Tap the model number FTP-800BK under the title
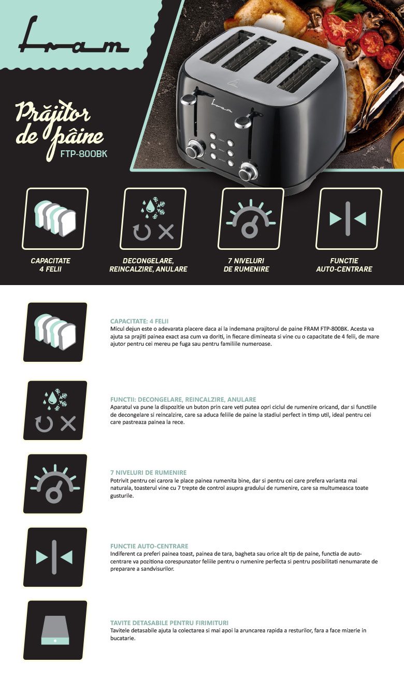point(84,154)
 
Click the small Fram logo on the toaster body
point(222,106)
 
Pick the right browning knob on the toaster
point(248,172)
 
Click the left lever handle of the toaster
point(189,100)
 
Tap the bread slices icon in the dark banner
point(55,218)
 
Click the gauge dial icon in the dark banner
point(251,219)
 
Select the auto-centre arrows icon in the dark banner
point(348,219)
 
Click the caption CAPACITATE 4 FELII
point(50,265)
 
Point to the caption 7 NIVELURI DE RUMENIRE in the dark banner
point(246,265)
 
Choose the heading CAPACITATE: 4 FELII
point(139,321)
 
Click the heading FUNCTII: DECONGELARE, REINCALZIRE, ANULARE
point(183,400)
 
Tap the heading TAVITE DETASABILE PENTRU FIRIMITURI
point(169,623)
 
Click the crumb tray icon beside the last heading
point(55,630)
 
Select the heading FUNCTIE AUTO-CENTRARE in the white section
point(149,546)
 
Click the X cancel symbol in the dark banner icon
point(166,232)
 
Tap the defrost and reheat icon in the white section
point(55,411)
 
